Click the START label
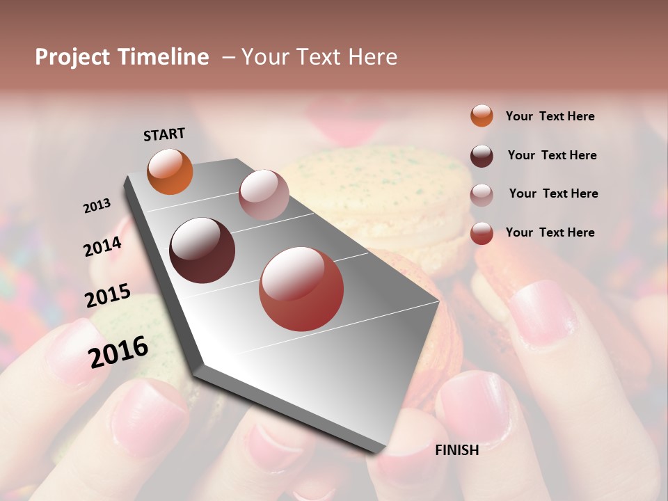(x=164, y=134)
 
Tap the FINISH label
(x=457, y=450)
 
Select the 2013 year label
(x=97, y=206)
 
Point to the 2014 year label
(x=102, y=247)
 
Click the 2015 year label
(x=108, y=296)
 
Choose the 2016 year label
(x=118, y=351)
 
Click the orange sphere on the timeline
(x=170, y=172)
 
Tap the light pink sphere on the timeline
(x=264, y=195)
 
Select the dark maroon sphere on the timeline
(x=202, y=250)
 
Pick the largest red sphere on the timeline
(x=301, y=289)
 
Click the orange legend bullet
(x=482, y=116)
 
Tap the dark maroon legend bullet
(x=482, y=156)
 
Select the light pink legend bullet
(x=482, y=195)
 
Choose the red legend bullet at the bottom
(x=482, y=233)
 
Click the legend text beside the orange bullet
(x=550, y=116)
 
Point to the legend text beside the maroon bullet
(x=552, y=155)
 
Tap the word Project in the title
(x=73, y=57)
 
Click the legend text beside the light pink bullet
(x=553, y=193)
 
